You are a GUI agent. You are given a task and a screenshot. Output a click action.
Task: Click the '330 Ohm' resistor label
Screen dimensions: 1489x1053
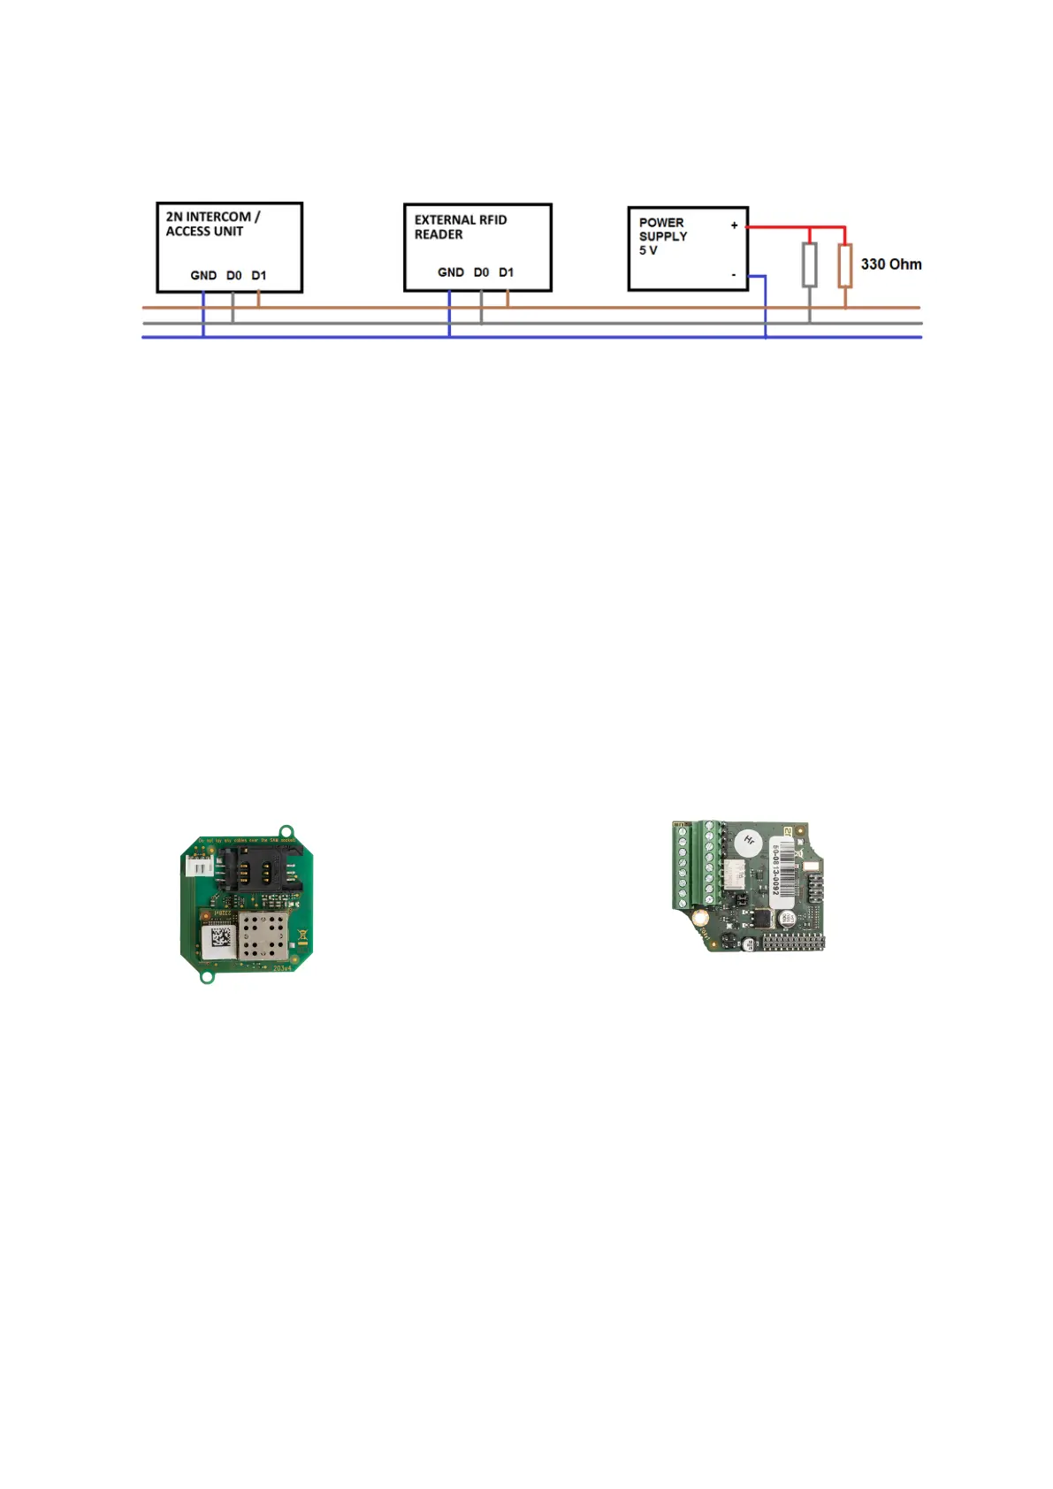coord(890,264)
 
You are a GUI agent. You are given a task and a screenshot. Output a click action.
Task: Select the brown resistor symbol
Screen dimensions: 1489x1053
coord(845,265)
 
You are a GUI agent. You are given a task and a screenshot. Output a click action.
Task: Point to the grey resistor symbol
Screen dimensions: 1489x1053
coord(809,264)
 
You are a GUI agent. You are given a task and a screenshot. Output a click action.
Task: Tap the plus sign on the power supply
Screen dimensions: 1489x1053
coord(734,225)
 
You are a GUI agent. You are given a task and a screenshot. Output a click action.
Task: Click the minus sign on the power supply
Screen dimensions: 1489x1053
coord(734,275)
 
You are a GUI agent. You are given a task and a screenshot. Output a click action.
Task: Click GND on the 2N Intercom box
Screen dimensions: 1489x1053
coord(203,276)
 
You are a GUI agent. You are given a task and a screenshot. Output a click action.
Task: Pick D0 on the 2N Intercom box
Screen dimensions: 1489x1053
coord(233,276)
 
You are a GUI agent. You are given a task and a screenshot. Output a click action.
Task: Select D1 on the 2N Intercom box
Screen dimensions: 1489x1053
coord(259,276)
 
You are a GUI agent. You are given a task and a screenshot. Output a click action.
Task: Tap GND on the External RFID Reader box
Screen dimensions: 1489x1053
coord(451,272)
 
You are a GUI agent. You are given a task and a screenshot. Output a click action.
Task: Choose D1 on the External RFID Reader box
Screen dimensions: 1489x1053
coord(507,272)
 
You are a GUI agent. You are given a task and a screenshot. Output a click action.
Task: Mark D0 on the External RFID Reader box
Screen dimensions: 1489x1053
coord(481,272)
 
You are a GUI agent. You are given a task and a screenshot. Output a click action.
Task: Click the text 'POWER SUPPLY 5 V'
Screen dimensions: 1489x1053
coord(662,236)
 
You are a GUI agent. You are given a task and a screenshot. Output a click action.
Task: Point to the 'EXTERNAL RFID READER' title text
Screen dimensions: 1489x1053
coord(460,227)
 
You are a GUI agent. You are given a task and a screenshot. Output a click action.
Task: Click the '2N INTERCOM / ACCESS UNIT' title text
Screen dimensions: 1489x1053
coord(212,224)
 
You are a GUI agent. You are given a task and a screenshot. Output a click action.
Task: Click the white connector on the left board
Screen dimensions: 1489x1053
coord(201,867)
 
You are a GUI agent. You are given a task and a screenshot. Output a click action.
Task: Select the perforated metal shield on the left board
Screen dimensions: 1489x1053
coord(264,936)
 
